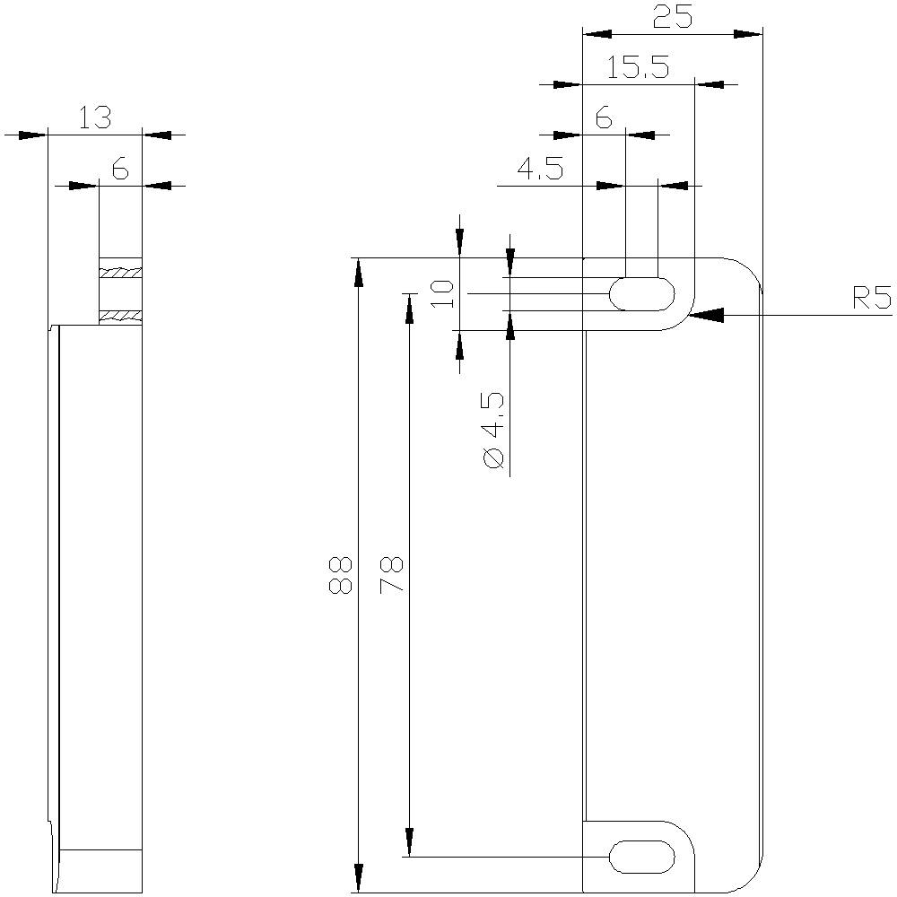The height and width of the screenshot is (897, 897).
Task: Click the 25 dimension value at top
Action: point(673,17)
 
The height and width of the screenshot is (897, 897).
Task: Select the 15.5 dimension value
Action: point(637,67)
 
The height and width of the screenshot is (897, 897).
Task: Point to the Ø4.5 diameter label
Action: point(494,431)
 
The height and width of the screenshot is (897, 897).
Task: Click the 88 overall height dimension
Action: point(340,575)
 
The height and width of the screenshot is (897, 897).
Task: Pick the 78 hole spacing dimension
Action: point(392,575)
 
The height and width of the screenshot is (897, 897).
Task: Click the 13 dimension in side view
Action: point(95,118)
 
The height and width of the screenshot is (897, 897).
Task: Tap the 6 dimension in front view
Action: point(604,118)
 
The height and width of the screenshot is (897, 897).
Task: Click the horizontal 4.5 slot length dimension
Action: point(540,169)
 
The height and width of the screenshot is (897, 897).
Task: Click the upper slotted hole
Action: point(641,293)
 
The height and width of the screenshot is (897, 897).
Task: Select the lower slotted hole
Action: point(641,857)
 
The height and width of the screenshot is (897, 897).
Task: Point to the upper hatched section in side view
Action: point(120,269)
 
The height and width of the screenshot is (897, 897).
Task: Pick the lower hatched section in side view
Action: point(120,316)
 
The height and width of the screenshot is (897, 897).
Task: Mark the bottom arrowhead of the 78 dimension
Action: point(409,842)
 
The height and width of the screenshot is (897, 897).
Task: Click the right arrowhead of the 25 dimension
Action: point(748,34)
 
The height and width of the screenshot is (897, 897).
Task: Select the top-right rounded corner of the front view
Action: point(750,270)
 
